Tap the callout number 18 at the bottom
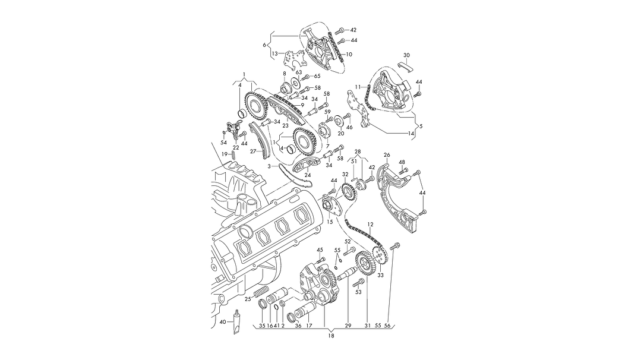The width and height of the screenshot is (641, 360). click(331, 336)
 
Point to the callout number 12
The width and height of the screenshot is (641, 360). click(370, 225)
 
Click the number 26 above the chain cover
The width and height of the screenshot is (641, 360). click(387, 155)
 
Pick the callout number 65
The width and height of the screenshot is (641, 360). click(317, 77)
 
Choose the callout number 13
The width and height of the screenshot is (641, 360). click(274, 53)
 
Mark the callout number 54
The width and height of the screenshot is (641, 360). click(223, 143)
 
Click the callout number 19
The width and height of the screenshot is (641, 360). click(225, 154)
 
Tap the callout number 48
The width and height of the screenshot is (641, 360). click(402, 162)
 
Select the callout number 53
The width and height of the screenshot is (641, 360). click(358, 292)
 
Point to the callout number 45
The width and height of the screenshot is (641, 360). click(320, 250)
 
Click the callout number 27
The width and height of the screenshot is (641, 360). click(252, 151)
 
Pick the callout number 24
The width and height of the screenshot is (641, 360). click(308, 175)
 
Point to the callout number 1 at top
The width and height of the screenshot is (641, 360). click(243, 74)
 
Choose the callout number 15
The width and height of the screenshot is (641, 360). click(329, 222)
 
